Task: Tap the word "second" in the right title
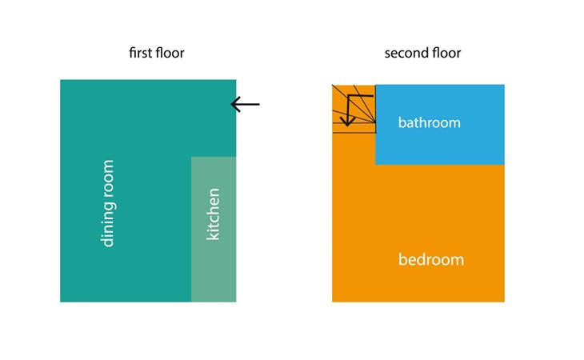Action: click(x=404, y=54)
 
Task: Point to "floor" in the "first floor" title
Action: click(x=170, y=54)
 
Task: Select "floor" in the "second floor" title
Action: click(x=445, y=54)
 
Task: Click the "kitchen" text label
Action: click(x=213, y=214)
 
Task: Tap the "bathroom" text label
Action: click(x=430, y=123)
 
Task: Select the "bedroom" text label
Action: click(x=431, y=260)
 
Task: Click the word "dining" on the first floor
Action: click(x=108, y=225)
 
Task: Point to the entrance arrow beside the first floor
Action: click(x=245, y=104)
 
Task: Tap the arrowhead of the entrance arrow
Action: click(x=234, y=104)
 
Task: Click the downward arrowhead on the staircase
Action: click(x=347, y=122)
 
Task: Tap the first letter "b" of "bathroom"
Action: click(x=402, y=123)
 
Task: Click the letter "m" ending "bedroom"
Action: click(x=457, y=260)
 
